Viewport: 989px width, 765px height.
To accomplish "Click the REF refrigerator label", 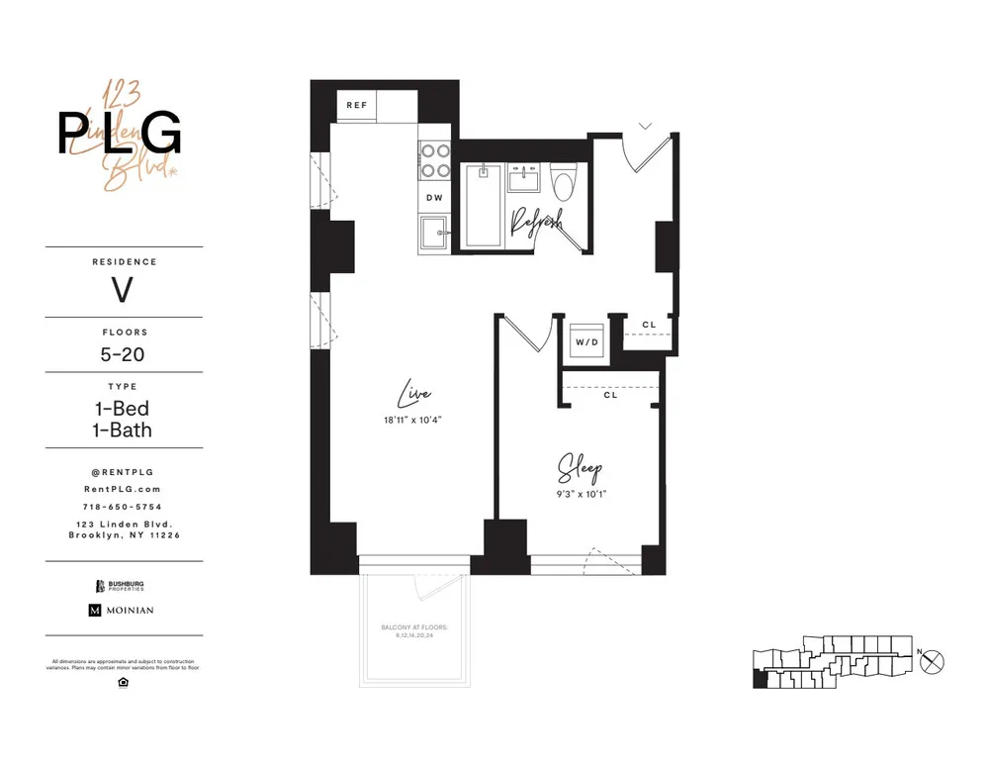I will pos(357,105).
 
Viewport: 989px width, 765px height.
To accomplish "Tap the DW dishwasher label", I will pos(434,198).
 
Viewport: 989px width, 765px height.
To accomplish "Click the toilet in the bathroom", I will pos(565,185).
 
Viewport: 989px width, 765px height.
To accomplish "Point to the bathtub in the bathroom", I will pos(484,206).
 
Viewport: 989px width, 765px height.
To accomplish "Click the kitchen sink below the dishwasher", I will pos(434,235).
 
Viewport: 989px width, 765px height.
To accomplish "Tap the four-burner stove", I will pos(434,161).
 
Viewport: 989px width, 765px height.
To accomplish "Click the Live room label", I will pos(413,395).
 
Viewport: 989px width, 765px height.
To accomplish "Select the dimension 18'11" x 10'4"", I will pos(413,421).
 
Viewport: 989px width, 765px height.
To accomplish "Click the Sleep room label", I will pos(581,467).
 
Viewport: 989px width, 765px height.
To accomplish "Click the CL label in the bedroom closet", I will pos(610,395).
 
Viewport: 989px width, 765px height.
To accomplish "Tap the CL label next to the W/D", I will pos(649,325).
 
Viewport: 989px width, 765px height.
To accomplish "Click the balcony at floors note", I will pos(414,630).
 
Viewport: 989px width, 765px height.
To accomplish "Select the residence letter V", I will pos(123,291).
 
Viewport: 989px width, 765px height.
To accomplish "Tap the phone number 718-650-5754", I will pos(124,506).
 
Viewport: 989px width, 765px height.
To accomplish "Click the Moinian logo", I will pos(123,611).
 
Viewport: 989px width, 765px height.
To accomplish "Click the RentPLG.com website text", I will pos(124,489).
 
